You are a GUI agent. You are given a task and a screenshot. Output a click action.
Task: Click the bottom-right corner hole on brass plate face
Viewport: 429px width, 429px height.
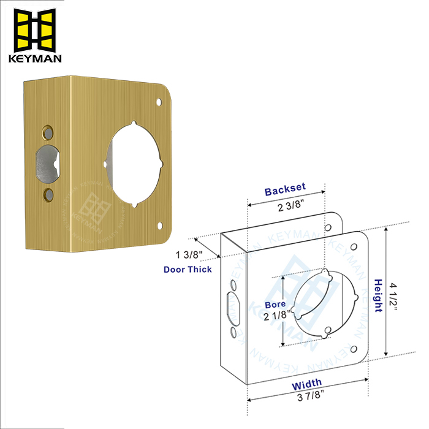click(x=161, y=225)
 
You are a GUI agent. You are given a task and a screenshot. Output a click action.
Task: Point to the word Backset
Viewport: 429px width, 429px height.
click(x=285, y=191)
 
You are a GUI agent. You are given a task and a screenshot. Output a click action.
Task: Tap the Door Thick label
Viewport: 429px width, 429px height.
click(x=188, y=269)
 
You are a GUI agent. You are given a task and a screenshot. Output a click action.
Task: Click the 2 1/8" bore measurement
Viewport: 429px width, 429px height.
click(x=275, y=316)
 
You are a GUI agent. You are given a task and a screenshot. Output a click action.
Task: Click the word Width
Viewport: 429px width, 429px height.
click(x=306, y=386)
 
